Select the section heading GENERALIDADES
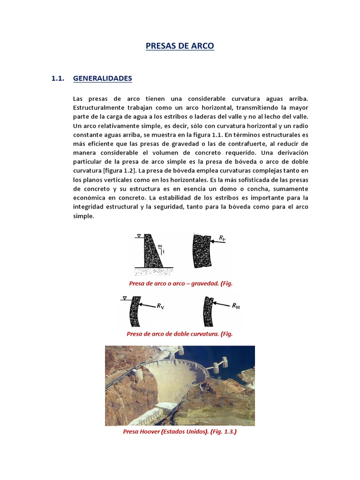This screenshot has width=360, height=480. coord(103,79)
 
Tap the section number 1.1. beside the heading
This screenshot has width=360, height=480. coord(57,79)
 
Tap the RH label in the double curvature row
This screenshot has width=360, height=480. coord(235,306)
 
